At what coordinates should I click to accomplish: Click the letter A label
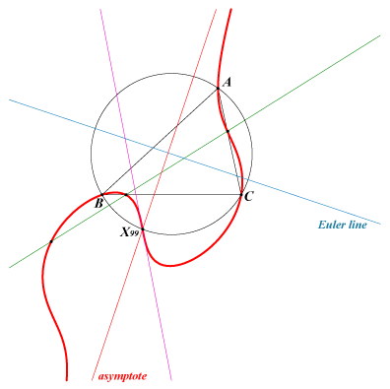pos(227,82)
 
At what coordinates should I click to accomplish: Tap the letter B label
pos(98,203)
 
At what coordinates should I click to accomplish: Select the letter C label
pos(248,196)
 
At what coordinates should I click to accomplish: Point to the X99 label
pos(129,232)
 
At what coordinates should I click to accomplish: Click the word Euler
pos(331,225)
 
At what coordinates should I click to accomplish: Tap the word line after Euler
pos(357,225)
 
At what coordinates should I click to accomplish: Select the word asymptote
pos(122,376)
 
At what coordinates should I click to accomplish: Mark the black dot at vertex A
pos(218,88)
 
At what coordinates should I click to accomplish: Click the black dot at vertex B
pos(102,195)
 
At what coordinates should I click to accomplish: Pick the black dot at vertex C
pos(241,195)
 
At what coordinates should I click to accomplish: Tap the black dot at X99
pos(143,228)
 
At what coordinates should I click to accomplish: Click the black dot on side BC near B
pos(126,195)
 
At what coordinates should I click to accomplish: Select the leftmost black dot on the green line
pos(51,241)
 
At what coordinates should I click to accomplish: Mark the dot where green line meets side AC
pos(227,131)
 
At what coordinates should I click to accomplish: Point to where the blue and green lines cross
pos(183,159)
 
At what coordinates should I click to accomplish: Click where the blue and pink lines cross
pos(126,139)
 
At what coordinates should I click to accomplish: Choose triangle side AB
pos(160,142)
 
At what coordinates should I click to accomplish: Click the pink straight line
pos(136,194)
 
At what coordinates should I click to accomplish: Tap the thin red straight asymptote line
pos(155,194)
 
